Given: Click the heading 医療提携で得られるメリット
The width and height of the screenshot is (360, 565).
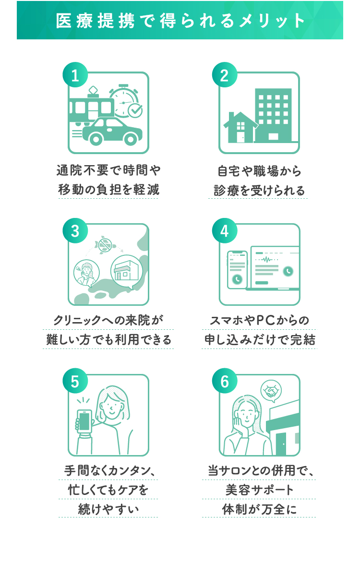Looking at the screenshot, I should click(x=180, y=21).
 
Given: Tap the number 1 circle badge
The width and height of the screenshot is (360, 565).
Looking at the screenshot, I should click(x=75, y=76).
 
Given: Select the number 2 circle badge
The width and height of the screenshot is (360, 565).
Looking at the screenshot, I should click(x=224, y=76).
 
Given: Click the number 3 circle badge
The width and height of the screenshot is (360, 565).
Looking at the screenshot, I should click(x=75, y=231).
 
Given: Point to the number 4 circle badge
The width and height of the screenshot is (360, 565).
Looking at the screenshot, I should click(x=224, y=231).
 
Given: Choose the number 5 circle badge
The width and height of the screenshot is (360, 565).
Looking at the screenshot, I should click(x=75, y=382).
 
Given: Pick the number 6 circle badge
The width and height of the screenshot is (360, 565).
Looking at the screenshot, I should click(x=224, y=382).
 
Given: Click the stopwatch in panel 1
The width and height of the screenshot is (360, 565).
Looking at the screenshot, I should click(x=123, y=101).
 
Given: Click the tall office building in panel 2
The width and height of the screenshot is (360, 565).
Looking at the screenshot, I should click(x=273, y=115).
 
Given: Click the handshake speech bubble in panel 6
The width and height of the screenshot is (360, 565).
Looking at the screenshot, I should click(x=271, y=392).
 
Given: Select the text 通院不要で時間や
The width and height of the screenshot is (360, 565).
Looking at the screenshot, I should click(x=108, y=170).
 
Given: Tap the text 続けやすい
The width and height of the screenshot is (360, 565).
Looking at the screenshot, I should click(x=108, y=509).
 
